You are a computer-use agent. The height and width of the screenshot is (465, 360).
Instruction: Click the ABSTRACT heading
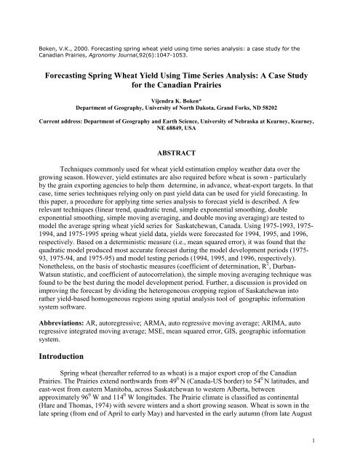(x=180, y=154)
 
